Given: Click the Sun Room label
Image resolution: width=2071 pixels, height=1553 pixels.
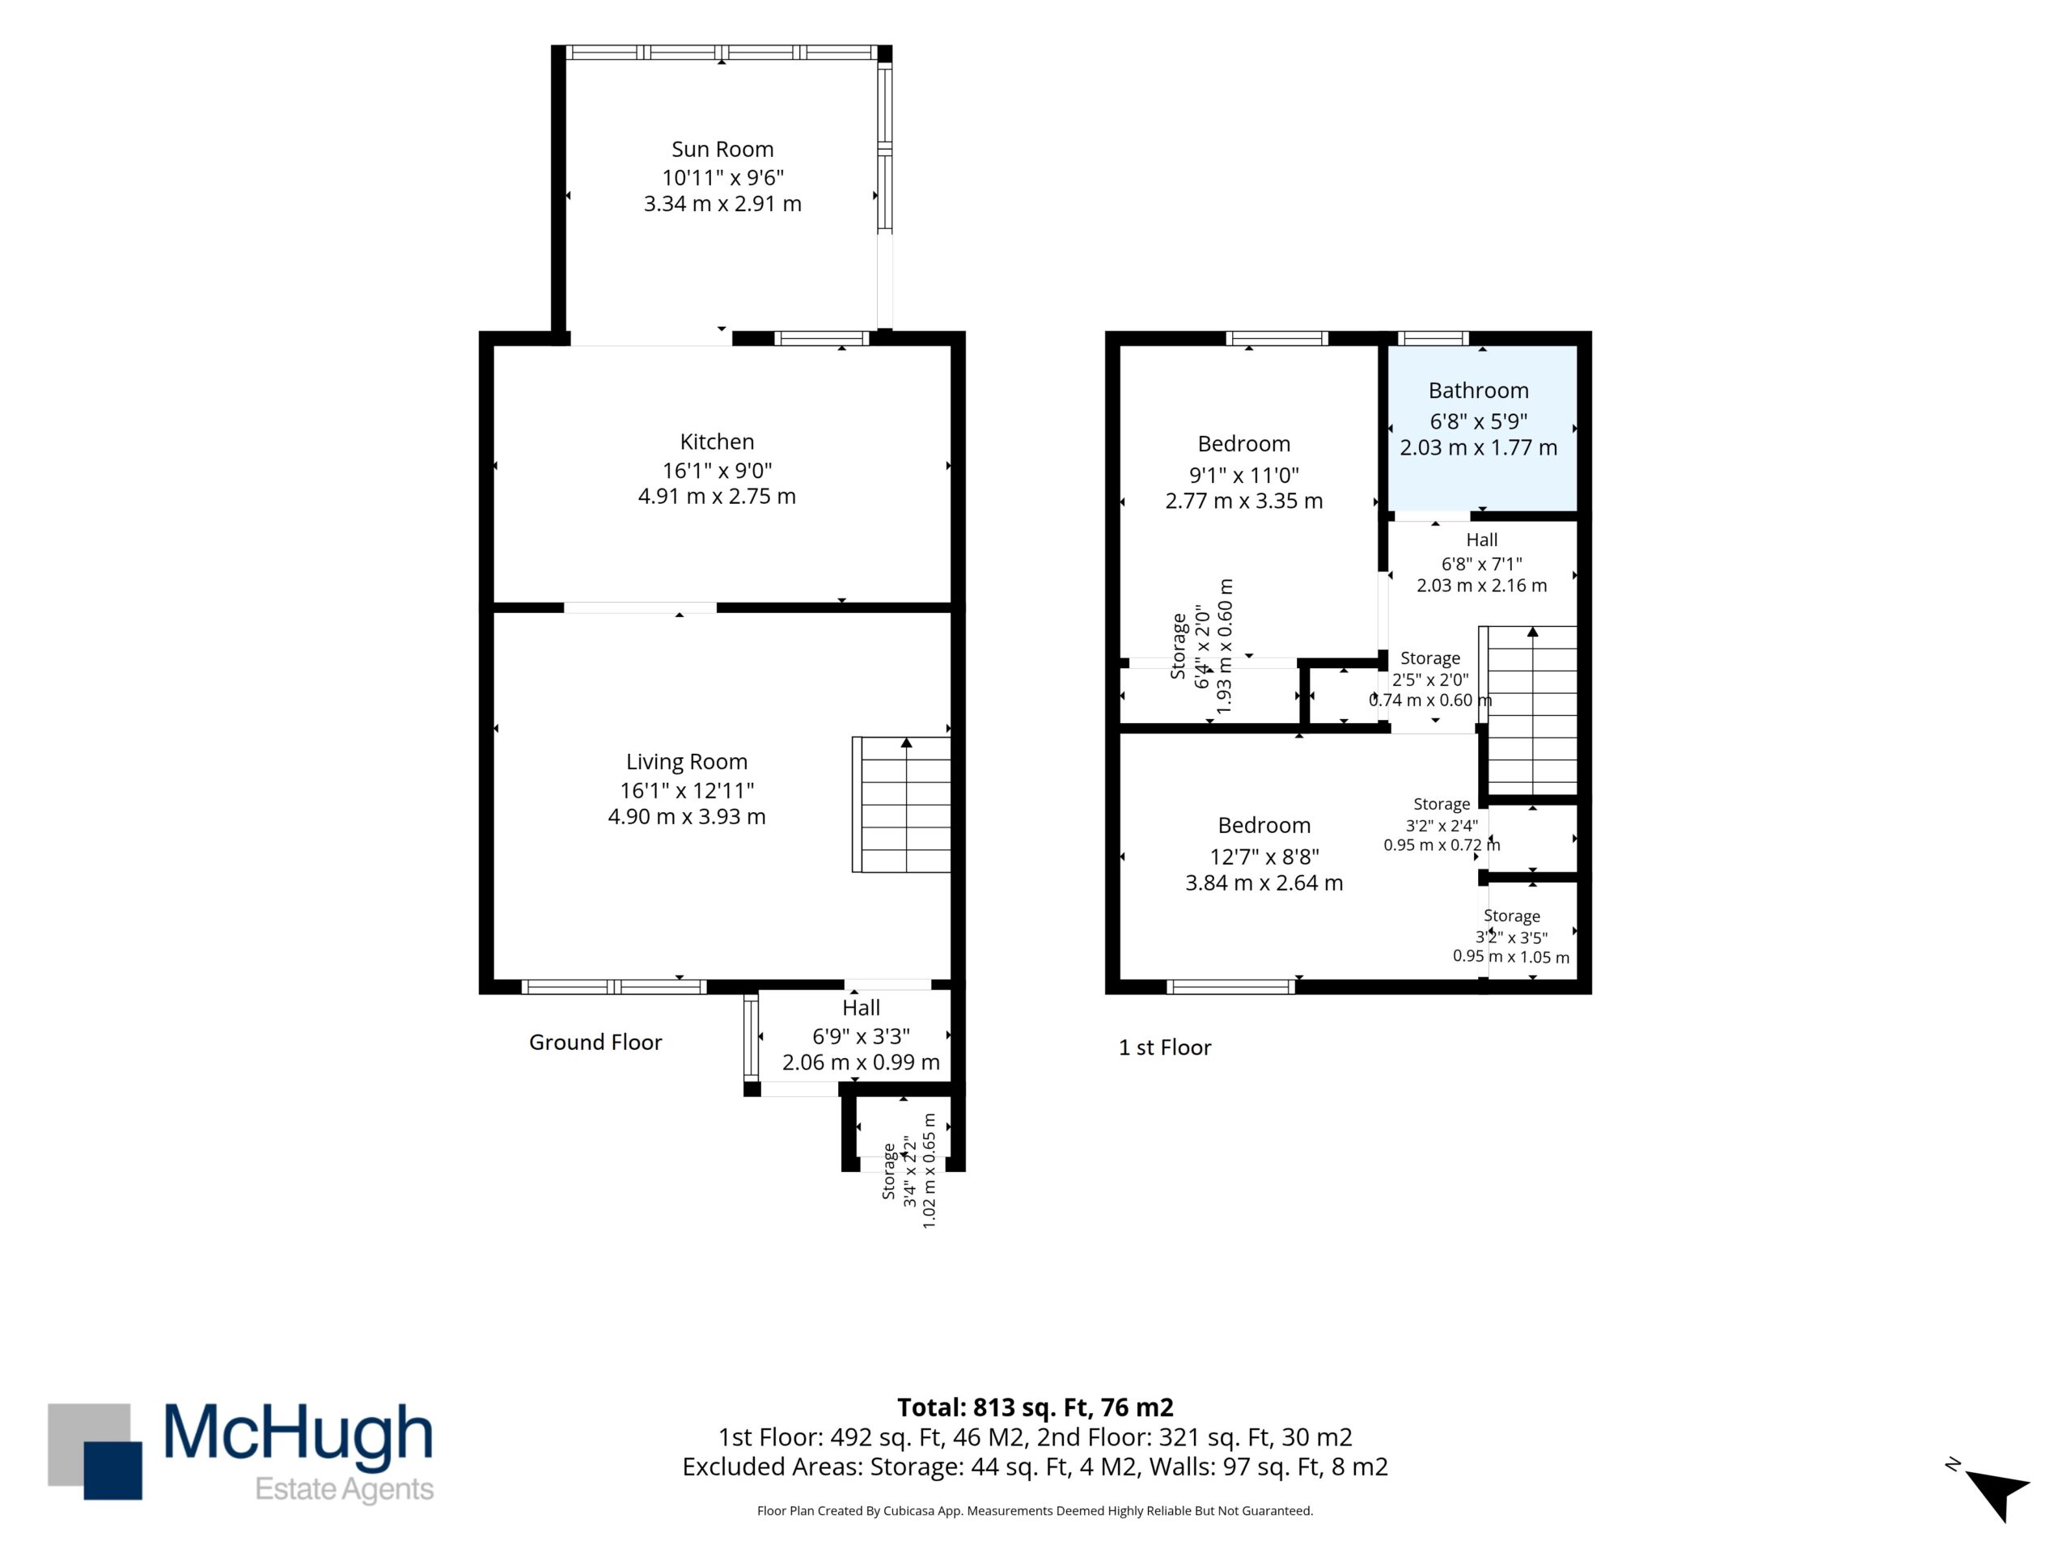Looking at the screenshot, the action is coord(722,149).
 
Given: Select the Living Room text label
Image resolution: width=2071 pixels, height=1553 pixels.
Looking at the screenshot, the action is coord(686,762).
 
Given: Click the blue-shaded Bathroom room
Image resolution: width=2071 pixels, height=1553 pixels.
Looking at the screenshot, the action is coord(1482,429).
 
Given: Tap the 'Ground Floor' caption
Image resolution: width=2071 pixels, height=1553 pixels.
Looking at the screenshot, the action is coord(595,1042).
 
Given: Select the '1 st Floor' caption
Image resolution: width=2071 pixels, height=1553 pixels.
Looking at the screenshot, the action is coord(1165,1047).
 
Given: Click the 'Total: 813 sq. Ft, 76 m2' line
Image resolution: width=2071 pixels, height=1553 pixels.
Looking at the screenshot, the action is coord(1035,1407).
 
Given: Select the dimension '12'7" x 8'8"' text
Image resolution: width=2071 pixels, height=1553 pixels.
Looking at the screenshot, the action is coord(1264,857).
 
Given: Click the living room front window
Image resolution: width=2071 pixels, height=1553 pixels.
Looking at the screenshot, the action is coord(613,986).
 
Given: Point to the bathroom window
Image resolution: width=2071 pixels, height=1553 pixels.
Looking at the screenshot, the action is coord(1433,339).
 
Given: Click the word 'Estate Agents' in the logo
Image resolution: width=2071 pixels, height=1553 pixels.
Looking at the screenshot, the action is coord(345,1489).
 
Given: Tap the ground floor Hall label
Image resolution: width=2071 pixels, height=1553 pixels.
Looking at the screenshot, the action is coord(861,1007).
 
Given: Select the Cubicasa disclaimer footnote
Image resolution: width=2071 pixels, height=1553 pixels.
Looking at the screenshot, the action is coord(1035,1511).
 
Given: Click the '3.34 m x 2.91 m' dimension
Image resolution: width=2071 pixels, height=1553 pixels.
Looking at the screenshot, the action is coord(722,203).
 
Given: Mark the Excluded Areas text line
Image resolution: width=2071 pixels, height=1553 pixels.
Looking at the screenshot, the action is coord(1035,1467).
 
